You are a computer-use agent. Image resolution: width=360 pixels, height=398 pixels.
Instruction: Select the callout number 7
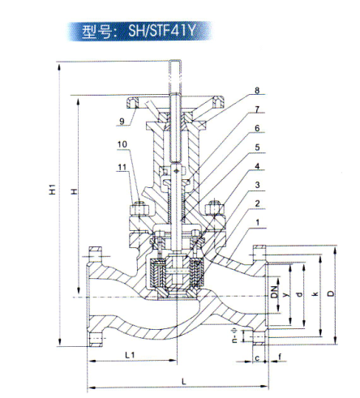click(x=255, y=109)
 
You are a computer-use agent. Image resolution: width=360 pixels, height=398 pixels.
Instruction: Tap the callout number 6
click(x=255, y=129)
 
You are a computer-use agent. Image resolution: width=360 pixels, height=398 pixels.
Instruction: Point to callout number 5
click(x=255, y=148)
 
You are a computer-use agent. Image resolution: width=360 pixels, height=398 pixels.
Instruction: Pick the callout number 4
click(x=255, y=168)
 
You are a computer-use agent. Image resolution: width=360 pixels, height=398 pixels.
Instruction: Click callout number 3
click(x=255, y=186)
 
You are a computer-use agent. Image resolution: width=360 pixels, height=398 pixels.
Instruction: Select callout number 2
click(x=255, y=203)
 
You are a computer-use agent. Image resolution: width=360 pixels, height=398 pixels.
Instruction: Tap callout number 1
click(x=255, y=221)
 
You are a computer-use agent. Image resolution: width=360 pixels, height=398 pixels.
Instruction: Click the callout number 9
click(x=121, y=122)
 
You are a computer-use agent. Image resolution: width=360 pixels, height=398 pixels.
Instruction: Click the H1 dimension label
click(x=51, y=192)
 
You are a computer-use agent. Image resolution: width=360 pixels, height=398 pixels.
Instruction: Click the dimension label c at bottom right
click(x=256, y=356)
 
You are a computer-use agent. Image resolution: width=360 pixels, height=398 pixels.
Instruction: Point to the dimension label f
click(x=280, y=356)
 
